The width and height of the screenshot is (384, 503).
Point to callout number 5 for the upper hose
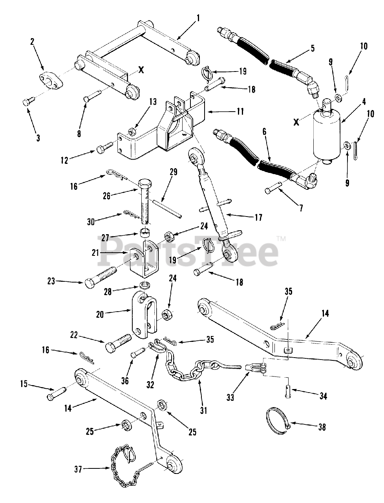click(313, 49)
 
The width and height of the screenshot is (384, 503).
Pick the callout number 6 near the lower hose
click(264, 132)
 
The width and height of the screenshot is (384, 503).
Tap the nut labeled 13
click(133, 130)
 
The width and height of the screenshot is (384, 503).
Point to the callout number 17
click(258, 217)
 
